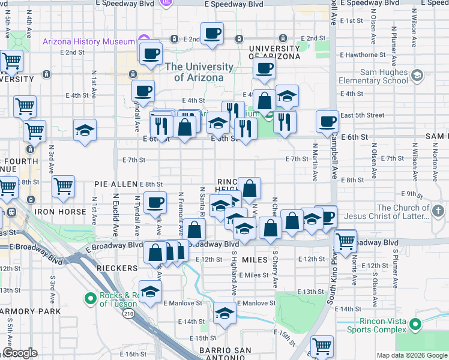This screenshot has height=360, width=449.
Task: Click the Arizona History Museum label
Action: (88, 41)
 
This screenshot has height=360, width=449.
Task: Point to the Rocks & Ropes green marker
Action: (91, 298)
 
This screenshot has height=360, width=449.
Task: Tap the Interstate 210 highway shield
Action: (128, 313)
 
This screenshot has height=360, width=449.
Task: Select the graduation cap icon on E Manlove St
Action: (224, 313)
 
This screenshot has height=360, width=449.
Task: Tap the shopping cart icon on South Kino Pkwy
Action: (345, 241)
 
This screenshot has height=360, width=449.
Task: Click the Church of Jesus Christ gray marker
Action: (438, 211)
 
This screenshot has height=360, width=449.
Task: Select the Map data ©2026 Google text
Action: (411, 355)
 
